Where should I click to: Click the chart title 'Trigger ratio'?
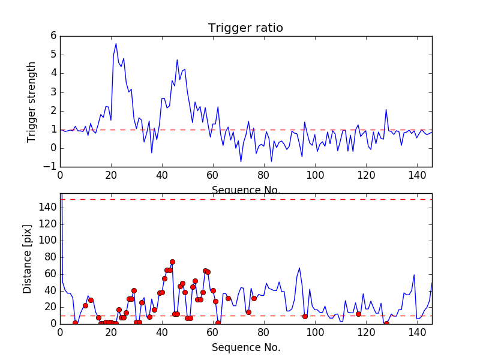coord(245,28)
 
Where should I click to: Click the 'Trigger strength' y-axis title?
coord(32,101)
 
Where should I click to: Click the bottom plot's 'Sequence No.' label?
coord(245,347)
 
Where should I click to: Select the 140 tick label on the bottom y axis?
coord(48,208)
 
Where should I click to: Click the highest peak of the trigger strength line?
coord(116,43)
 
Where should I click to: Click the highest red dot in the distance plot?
coord(172,262)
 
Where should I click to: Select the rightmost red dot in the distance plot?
coord(386,323)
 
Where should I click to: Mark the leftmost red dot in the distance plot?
coord(75,323)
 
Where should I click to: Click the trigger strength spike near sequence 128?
coord(386,110)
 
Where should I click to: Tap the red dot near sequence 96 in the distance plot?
coord(305,316)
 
